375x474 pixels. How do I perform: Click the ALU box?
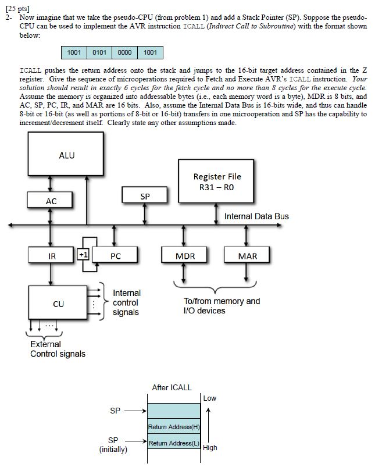pyautogui.click(x=66, y=155)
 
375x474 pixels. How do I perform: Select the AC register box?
pyautogui.click(x=51, y=201)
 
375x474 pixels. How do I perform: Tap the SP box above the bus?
pyautogui.click(x=145, y=197)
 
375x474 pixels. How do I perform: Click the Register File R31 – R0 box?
pyautogui.click(x=217, y=181)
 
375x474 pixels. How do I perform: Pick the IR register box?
pyautogui.click(x=51, y=255)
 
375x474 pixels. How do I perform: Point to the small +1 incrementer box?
pyautogui.click(x=82, y=255)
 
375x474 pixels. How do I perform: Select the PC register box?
pyautogui.click(x=115, y=255)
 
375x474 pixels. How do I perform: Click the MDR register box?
pyautogui.click(x=185, y=255)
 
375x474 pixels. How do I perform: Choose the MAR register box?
pyautogui.click(x=247, y=255)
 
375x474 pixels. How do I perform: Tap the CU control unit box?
pyautogui.click(x=58, y=304)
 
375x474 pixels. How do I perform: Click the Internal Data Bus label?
pyautogui.click(x=256, y=216)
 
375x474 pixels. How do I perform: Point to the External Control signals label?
pyautogui.click(x=58, y=349)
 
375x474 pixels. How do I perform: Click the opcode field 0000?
pyautogui.click(x=124, y=53)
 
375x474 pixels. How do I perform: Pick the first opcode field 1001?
pyautogui.click(x=74, y=53)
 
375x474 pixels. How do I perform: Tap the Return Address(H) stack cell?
pyautogui.click(x=174, y=428)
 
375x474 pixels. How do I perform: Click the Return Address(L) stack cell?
pyautogui.click(x=174, y=444)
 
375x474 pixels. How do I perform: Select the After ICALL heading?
pyautogui.click(x=172, y=387)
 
